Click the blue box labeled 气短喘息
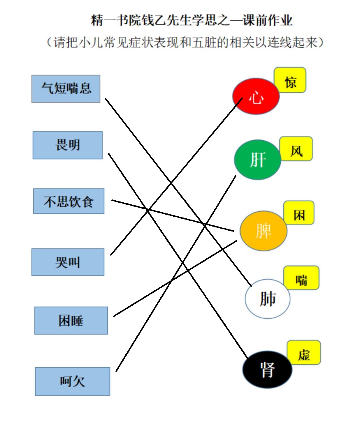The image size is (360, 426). pyautogui.click(x=66, y=89)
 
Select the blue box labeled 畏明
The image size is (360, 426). pyautogui.click(x=68, y=145)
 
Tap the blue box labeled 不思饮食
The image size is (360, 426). pyautogui.click(x=69, y=201)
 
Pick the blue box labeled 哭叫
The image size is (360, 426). pyautogui.click(x=68, y=262)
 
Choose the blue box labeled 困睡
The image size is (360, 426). pyautogui.click(x=71, y=321)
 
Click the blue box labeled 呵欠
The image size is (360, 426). pyautogui.click(x=73, y=381)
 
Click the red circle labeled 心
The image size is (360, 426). pyautogui.click(x=256, y=96)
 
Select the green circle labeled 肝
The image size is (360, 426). pyautogui.click(x=258, y=160)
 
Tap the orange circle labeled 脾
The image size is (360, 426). pyautogui.click(x=264, y=231)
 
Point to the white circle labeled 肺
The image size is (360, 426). pyautogui.click(x=268, y=299)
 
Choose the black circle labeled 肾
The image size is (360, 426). pyautogui.click(x=267, y=370)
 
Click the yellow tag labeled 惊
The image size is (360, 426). pyautogui.click(x=290, y=80)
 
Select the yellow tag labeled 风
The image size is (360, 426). pyautogui.click(x=296, y=149)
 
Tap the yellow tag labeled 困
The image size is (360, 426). pyautogui.click(x=299, y=213)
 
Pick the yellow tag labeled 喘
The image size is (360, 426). pyautogui.click(x=302, y=277)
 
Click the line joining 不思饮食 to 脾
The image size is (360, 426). pyautogui.click(x=173, y=216)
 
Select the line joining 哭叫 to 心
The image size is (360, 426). pyautogui.click(x=177, y=176)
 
